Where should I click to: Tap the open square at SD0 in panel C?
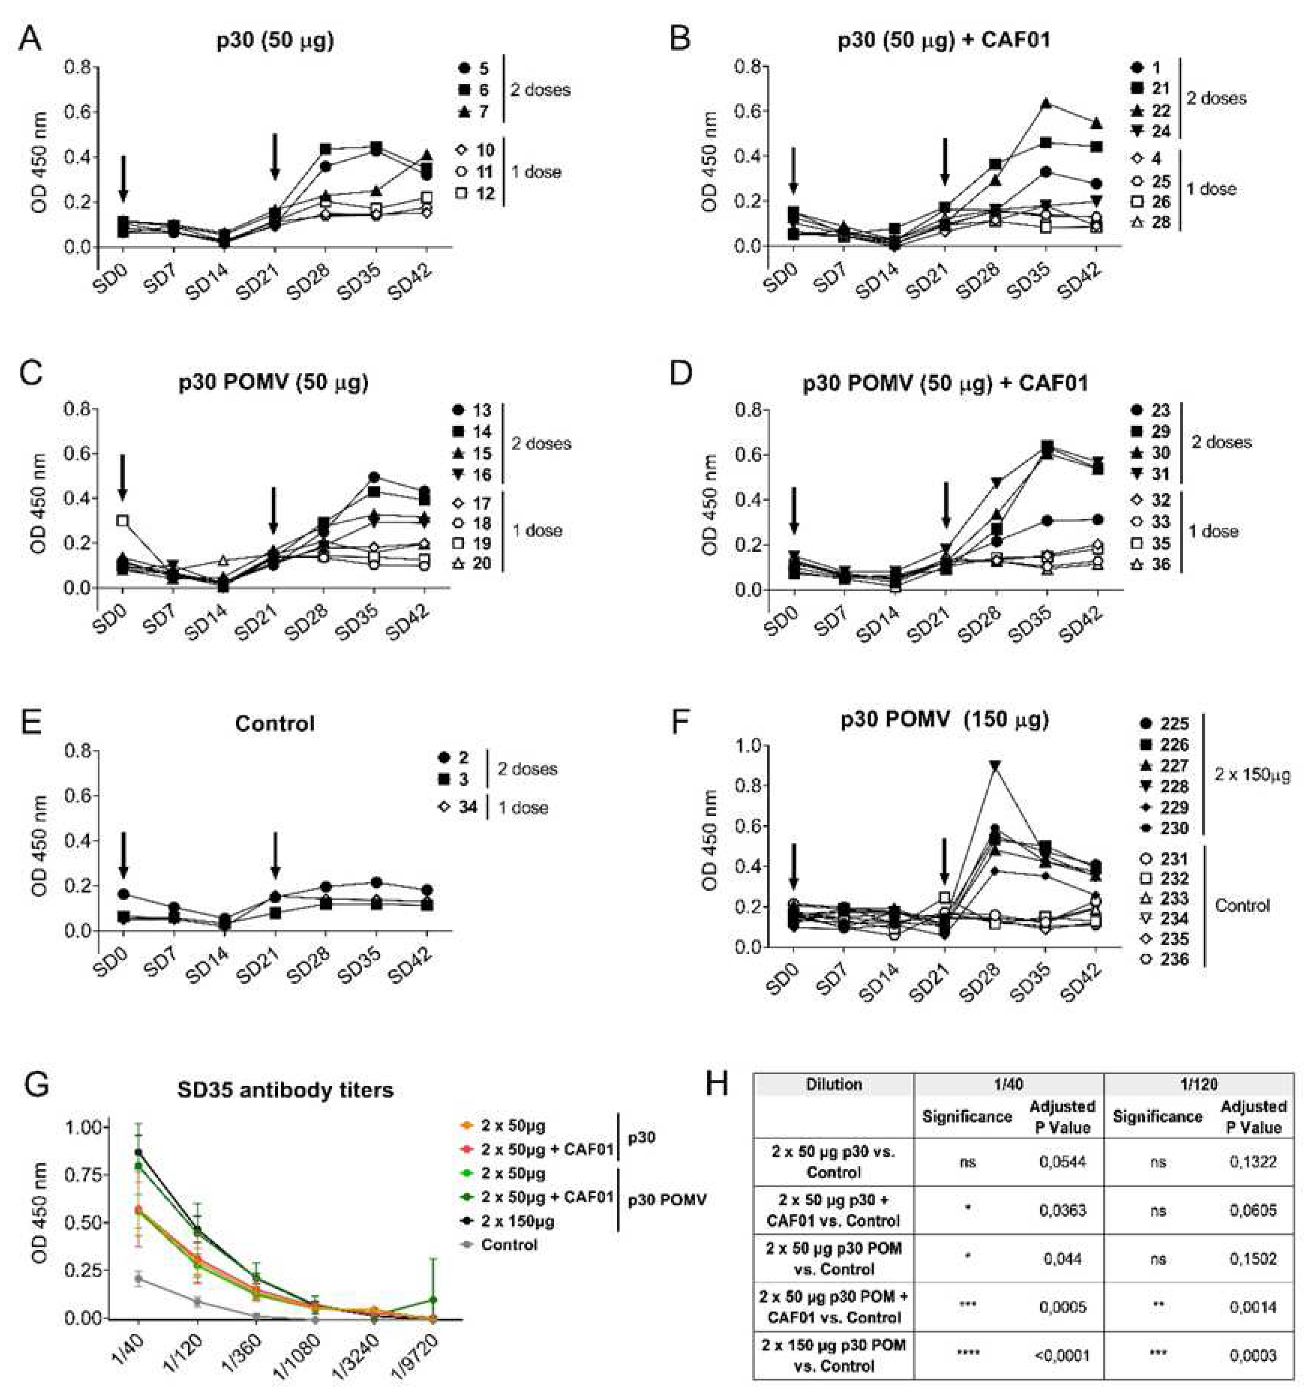123,521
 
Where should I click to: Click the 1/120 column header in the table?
1199,1085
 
